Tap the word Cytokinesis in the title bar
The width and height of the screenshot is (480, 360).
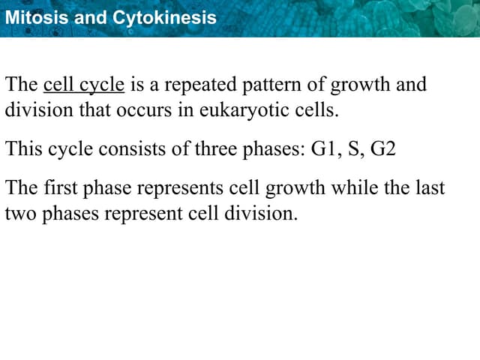click(x=163, y=17)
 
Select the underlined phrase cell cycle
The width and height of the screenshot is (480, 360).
click(x=84, y=84)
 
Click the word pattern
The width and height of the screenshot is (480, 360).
click(x=262, y=84)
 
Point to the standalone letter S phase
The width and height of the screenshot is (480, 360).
click(x=354, y=148)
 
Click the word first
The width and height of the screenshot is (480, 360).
click(x=62, y=187)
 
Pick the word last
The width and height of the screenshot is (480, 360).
click(x=430, y=187)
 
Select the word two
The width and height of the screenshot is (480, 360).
click(x=19, y=213)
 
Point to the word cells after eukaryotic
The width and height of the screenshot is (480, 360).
click(x=316, y=110)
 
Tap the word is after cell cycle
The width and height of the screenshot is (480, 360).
click(x=137, y=84)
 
